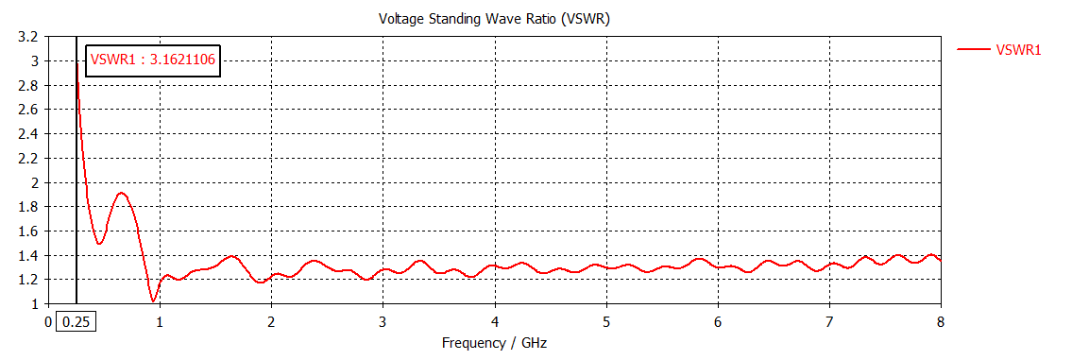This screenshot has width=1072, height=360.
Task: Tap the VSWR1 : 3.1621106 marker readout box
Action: coord(153,60)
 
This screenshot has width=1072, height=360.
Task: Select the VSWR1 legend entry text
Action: coord(1018,50)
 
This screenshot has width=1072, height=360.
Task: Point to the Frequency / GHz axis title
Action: coord(494,343)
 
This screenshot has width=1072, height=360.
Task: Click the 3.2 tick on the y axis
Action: coord(28,37)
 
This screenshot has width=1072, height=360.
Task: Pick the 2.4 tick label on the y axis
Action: coord(28,134)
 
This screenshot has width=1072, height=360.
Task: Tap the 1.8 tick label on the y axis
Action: coord(28,207)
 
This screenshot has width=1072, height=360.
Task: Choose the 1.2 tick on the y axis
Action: coord(28,280)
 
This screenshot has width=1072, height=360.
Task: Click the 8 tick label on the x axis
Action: coord(941,322)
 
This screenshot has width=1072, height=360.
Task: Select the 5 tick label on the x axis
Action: coord(606,322)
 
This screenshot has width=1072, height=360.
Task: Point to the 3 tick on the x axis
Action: coord(383,322)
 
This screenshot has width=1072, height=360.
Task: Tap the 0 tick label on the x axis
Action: coord(49,322)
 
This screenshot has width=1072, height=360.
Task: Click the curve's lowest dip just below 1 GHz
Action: coord(153,301)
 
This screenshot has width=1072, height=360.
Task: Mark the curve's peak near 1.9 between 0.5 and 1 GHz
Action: coord(121,194)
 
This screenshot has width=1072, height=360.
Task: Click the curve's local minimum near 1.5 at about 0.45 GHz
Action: coord(99,244)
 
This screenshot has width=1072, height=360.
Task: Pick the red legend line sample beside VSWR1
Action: coord(973,50)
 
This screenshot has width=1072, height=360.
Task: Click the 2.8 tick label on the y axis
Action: coord(28,85)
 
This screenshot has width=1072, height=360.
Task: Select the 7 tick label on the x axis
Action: coord(829,322)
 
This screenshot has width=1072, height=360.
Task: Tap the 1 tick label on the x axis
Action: coord(160,322)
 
